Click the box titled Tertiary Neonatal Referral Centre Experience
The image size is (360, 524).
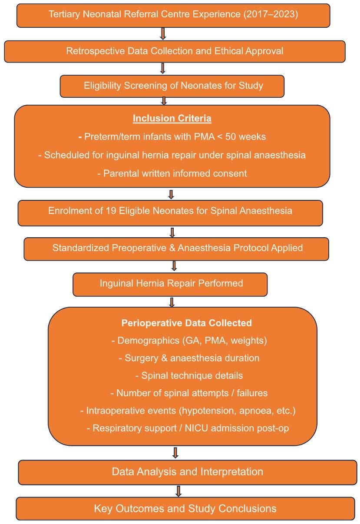tap(173, 14)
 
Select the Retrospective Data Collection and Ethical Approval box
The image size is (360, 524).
tap(175, 51)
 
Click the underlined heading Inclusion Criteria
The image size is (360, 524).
tap(172, 119)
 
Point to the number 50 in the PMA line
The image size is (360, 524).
tap(237, 137)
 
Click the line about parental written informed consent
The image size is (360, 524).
tap(172, 173)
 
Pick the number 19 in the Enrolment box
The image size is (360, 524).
tap(111, 211)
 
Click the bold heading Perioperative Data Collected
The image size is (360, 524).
tap(186, 323)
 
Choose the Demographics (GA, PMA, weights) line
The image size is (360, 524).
tap(189, 341)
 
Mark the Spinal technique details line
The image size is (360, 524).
tap(189, 375)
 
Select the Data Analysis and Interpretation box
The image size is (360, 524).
tap(187, 471)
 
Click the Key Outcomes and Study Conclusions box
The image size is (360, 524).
tap(185, 508)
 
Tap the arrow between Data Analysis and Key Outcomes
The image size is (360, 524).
tap(178, 491)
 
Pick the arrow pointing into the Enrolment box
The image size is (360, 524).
tap(171, 194)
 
